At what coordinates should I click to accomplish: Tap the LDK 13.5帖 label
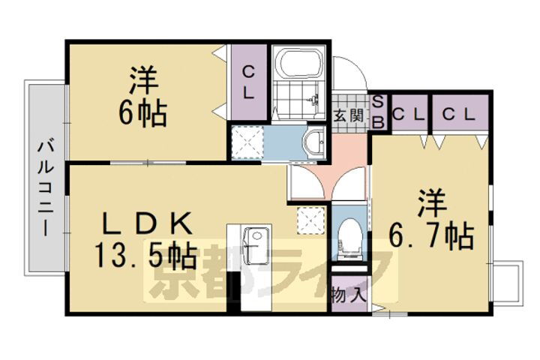click(x=147, y=240)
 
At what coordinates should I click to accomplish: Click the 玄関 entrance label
click(x=349, y=115)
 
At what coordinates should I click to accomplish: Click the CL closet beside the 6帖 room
click(x=247, y=82)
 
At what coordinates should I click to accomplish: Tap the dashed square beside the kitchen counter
click(x=310, y=219)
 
